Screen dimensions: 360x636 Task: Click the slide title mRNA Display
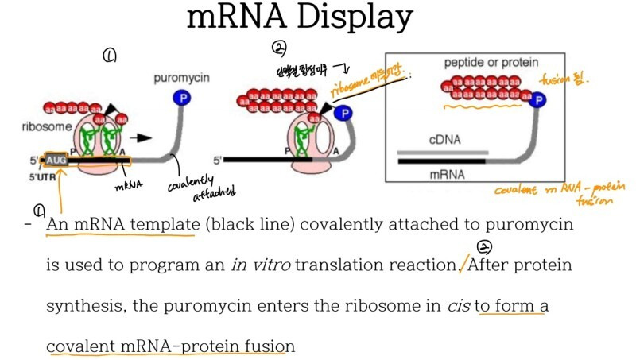coord(300,17)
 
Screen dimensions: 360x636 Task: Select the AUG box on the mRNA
coord(56,160)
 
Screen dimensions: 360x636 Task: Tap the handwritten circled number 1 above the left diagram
coord(110,56)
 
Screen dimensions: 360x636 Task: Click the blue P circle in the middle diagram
coord(343,114)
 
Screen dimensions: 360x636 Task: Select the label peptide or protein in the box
coord(491,62)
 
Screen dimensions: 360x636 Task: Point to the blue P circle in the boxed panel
coord(538,99)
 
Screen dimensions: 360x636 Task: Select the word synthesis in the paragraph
coord(83,306)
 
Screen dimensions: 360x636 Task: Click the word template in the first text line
coord(161,225)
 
